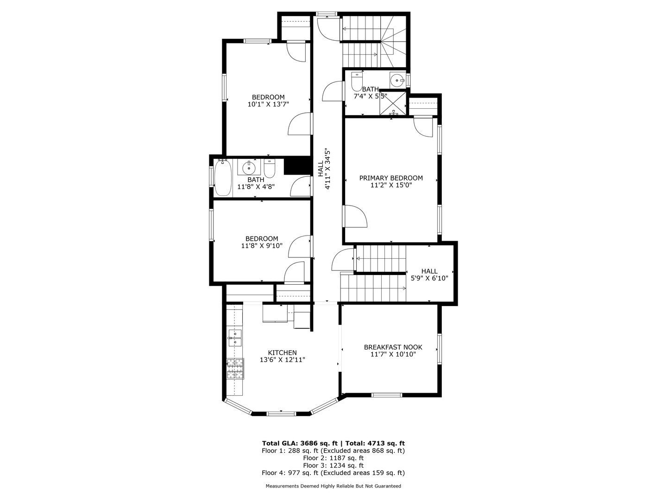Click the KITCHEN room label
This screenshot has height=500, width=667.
click(x=282, y=353)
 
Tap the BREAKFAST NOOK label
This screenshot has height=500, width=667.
click(x=393, y=347)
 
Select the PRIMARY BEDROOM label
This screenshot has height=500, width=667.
click(x=391, y=178)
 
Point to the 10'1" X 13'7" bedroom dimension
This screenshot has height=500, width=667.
click(x=268, y=105)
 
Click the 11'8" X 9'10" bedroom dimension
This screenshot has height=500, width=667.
click(x=262, y=246)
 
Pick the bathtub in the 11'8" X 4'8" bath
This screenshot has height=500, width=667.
click(x=223, y=178)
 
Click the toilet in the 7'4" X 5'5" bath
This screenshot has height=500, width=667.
click(x=357, y=81)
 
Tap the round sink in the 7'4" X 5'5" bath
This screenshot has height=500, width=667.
click(x=397, y=81)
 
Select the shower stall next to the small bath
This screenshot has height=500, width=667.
click(x=393, y=103)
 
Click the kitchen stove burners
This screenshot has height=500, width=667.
click(x=235, y=369)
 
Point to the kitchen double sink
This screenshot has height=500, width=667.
click(x=235, y=338)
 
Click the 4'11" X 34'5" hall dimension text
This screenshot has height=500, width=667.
click(x=328, y=169)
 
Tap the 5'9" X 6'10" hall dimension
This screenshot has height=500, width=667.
click(x=429, y=279)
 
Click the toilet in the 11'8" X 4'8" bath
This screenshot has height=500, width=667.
click(x=270, y=169)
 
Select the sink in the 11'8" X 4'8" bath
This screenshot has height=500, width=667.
click(x=249, y=167)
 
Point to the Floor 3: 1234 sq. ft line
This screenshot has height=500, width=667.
click(x=333, y=465)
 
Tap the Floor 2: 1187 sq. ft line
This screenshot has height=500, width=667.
click(x=333, y=458)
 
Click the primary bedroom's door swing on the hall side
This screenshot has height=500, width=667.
click(x=356, y=216)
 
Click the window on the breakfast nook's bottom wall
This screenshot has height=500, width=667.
click(x=387, y=395)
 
